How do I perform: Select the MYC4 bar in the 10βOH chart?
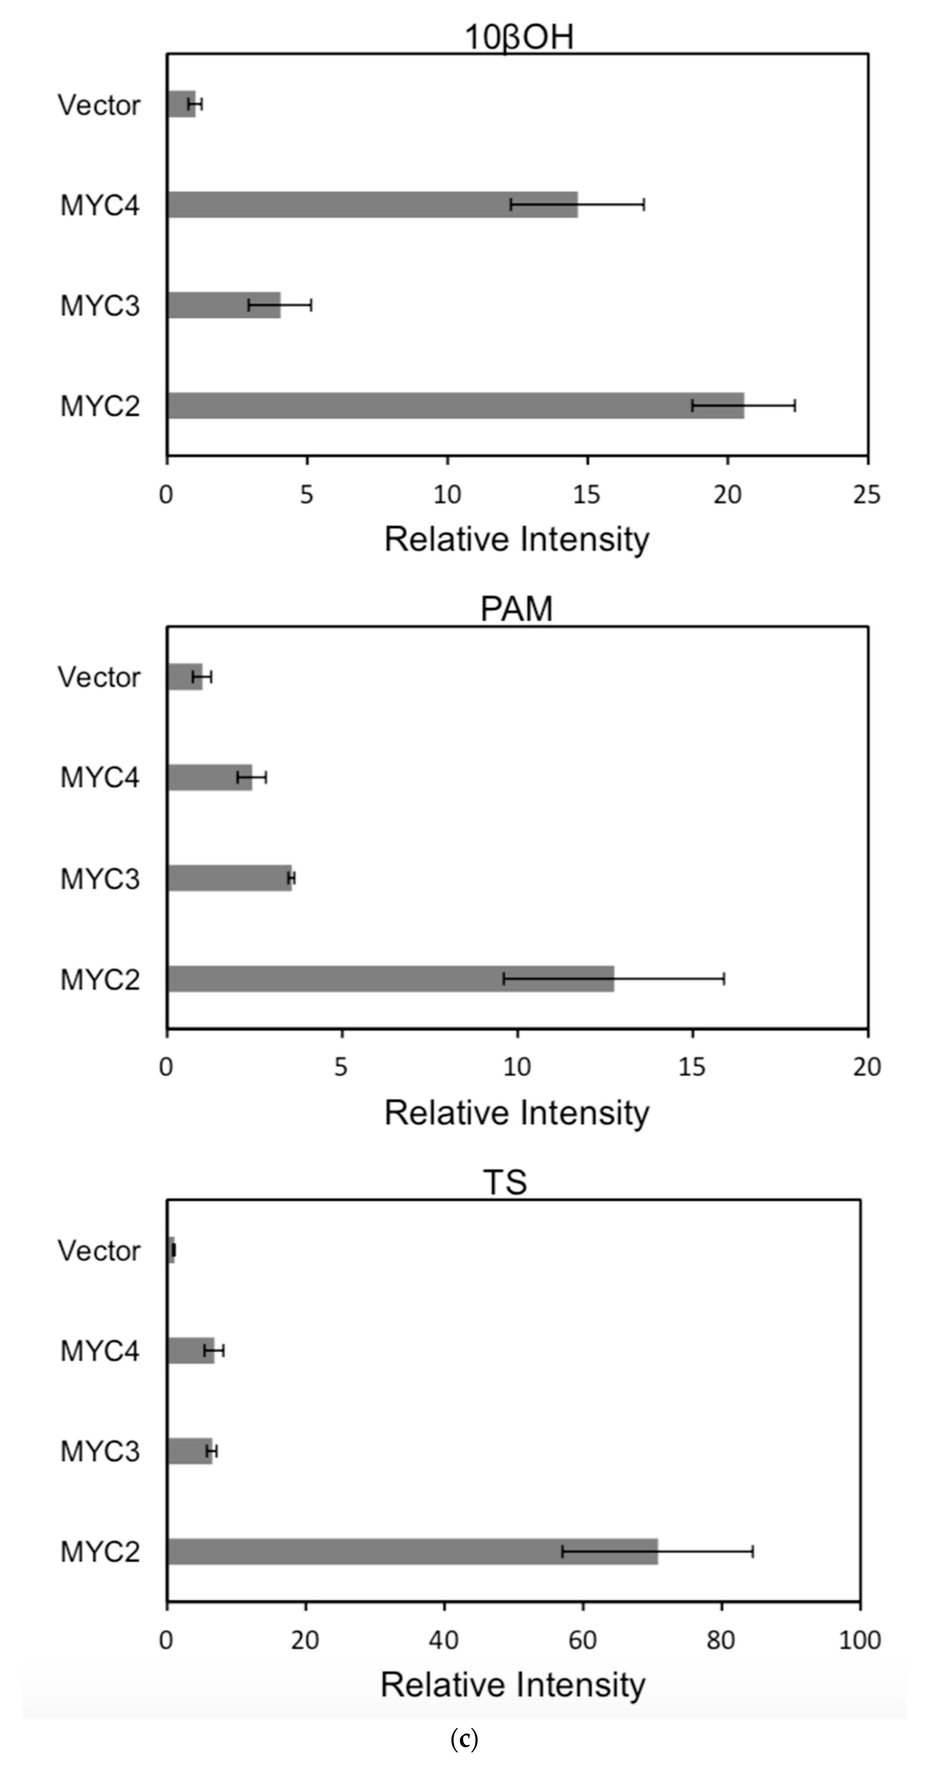[x=371, y=204]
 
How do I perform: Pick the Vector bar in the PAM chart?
[x=184, y=677]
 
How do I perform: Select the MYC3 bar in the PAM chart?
[x=229, y=878]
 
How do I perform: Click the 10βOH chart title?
[x=519, y=37]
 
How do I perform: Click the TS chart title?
[x=505, y=1182]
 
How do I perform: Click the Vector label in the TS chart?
[x=99, y=1250]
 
